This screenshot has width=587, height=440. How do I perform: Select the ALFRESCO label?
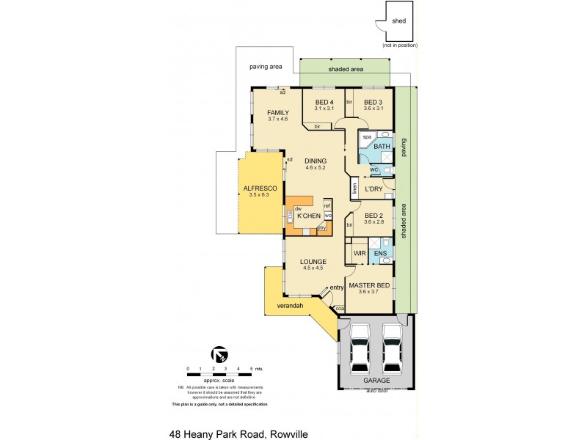point(259,188)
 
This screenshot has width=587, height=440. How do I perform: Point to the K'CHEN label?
point(307,216)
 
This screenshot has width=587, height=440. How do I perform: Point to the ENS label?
point(380,254)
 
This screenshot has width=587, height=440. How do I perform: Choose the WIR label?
point(360,254)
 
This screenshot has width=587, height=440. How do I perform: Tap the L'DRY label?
point(374,189)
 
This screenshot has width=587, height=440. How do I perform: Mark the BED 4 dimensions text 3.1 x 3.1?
point(324,109)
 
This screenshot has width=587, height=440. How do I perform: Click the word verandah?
point(291,304)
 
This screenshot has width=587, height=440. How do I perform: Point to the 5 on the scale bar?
point(252,367)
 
